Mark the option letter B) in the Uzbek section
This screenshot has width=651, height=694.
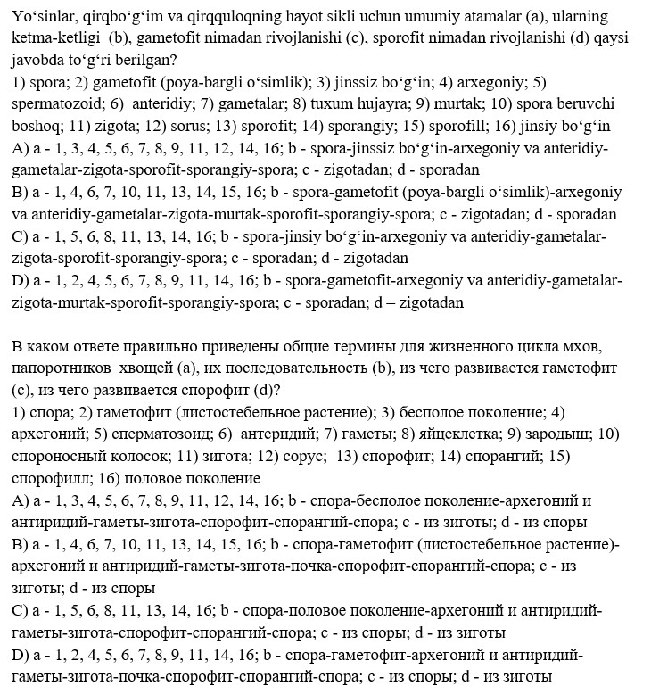click(x=20, y=192)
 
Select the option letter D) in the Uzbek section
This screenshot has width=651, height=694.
click(x=21, y=280)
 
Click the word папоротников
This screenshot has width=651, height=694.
click(x=65, y=368)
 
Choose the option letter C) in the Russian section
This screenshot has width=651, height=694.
click(x=21, y=610)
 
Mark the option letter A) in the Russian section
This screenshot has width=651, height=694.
click(x=21, y=500)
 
